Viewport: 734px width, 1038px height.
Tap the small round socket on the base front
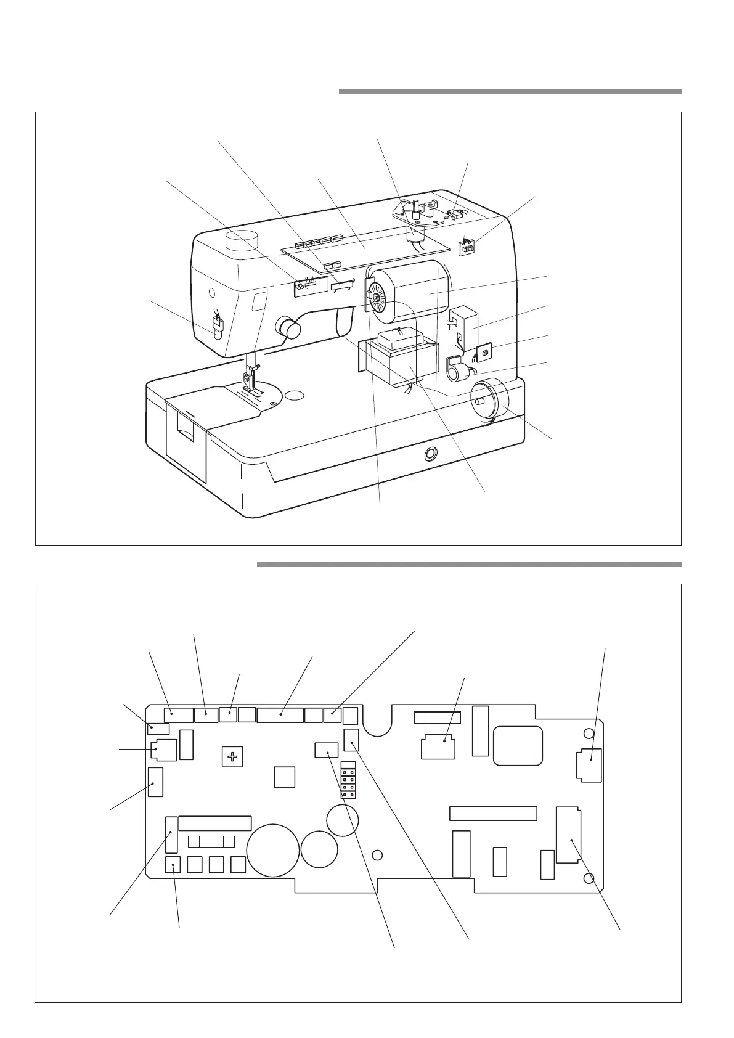tap(429, 455)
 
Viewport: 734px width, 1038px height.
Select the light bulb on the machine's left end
tap(218, 327)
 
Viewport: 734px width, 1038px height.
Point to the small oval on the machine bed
tap(295, 394)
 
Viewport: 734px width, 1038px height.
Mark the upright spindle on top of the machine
tap(417, 206)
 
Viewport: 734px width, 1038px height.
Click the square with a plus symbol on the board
tap(232, 756)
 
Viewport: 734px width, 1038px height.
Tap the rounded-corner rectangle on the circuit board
tap(518, 746)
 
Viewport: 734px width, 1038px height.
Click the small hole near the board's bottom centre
tap(378, 855)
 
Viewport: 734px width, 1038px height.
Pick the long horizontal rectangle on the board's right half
tap(493, 813)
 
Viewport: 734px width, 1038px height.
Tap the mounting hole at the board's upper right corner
tap(589, 734)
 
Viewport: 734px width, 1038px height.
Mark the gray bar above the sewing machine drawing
tap(510, 92)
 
